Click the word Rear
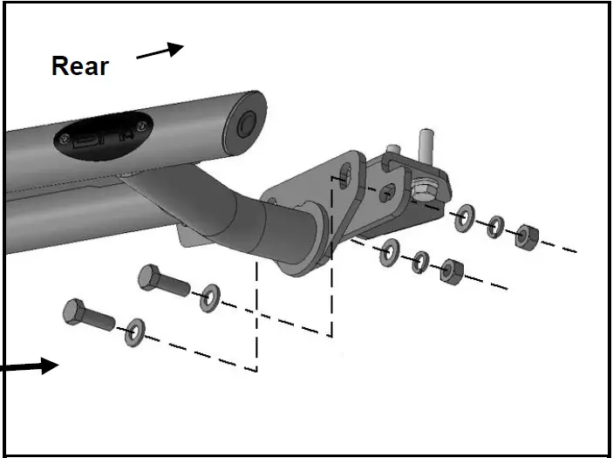pos(80,65)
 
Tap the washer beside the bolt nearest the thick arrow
pos(135,331)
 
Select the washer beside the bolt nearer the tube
pos(209,297)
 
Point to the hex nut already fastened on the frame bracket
pos(424,189)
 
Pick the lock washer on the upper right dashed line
pos(494,227)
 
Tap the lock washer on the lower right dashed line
pos(420,261)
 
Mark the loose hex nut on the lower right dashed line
pos(450,271)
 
